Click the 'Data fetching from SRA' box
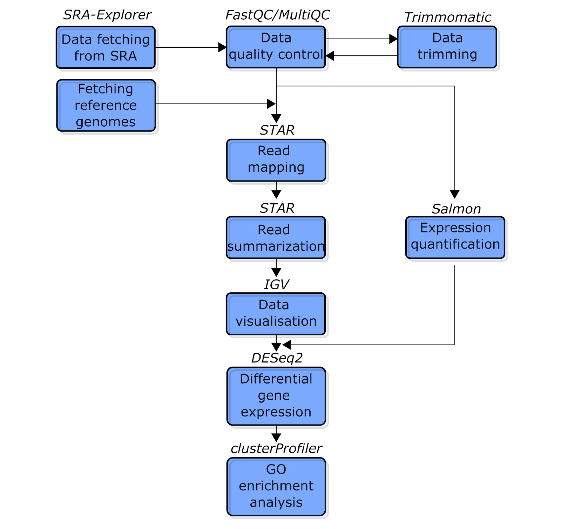[106, 47]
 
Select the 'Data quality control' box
[276, 47]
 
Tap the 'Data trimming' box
[447, 47]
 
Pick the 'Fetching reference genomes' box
[106, 106]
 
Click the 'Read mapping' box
[276, 160]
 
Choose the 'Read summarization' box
[276, 238]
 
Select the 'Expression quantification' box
[455, 237]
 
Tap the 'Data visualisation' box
[276, 314]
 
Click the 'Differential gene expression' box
[276, 396]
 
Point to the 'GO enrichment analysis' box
[276, 487]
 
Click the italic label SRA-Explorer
[107, 15]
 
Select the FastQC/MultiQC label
[277, 15]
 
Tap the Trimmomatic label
[448, 17]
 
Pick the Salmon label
[456, 209]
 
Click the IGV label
[276, 284]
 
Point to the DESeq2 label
[277, 358]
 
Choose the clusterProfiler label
[276, 448]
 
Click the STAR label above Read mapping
[277, 130]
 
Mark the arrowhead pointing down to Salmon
[454, 194]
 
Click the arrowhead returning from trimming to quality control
[330, 55]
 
